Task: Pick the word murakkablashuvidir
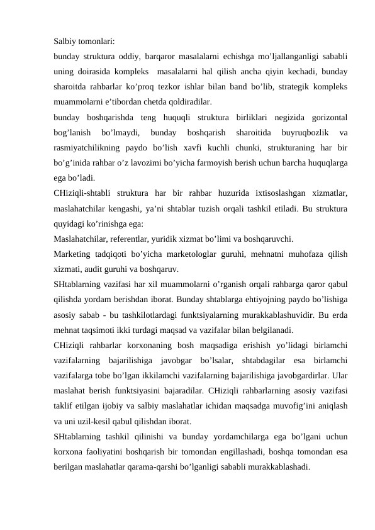pos(271,314)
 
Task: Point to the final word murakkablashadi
pos(276,466)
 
